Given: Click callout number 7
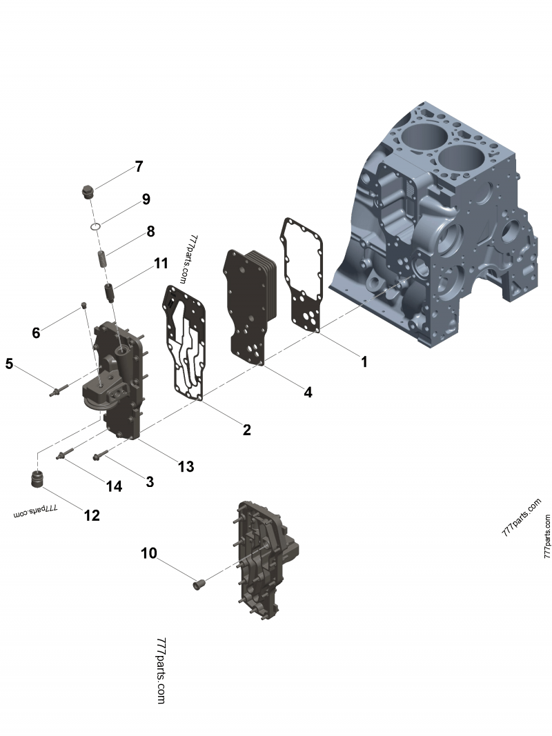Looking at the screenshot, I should click(139, 166).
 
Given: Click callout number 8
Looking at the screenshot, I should click(150, 232).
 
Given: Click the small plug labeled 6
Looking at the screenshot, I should click(83, 305).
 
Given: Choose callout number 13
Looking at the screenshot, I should click(186, 467).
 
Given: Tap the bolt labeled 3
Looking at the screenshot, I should click(101, 455).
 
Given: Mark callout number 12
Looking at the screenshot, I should click(92, 515).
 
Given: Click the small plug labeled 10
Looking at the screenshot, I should click(200, 586).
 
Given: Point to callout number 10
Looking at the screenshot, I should click(149, 553).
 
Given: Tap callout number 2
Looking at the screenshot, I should click(246, 430).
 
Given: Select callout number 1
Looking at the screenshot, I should click(364, 361).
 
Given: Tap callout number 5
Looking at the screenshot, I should click(9, 363).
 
